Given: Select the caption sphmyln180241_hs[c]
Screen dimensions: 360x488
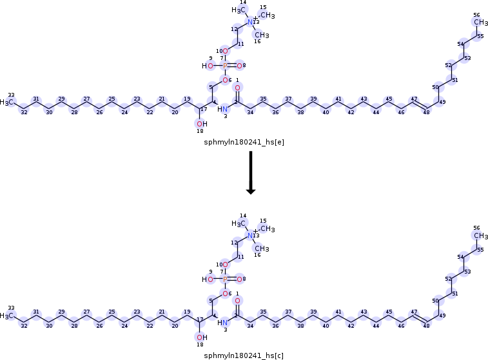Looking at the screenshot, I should pyautogui.click(x=243, y=355).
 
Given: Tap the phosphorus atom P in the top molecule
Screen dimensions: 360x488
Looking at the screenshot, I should pyautogui.click(x=224, y=66).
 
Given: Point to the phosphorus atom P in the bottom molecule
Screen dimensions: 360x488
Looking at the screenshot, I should pyautogui.click(x=224, y=279).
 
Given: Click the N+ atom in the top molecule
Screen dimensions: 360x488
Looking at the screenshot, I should pyautogui.click(x=251, y=22).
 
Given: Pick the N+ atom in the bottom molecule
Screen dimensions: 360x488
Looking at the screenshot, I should pyautogui.click(x=251, y=235).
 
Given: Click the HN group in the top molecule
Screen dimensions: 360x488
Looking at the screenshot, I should pyautogui.click(x=223, y=108).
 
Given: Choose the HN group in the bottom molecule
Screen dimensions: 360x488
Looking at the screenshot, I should pyautogui.click(x=223, y=322).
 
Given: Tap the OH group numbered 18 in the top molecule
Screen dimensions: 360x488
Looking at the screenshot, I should pyautogui.click(x=202, y=123).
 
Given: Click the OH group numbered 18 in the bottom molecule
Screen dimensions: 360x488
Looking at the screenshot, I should pyautogui.click(x=202, y=337).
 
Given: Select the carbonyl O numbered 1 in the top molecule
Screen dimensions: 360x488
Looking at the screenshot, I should pyautogui.click(x=237, y=87).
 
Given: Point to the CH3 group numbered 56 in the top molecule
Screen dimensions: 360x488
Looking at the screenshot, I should pyautogui.click(x=479, y=23).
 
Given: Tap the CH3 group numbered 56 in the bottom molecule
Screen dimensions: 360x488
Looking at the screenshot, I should pyautogui.click(x=479, y=236).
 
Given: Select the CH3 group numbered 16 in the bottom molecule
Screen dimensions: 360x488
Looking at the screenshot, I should pyautogui.click(x=261, y=248).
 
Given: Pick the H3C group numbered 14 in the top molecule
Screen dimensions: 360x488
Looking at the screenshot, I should pyautogui.click(x=240, y=10).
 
